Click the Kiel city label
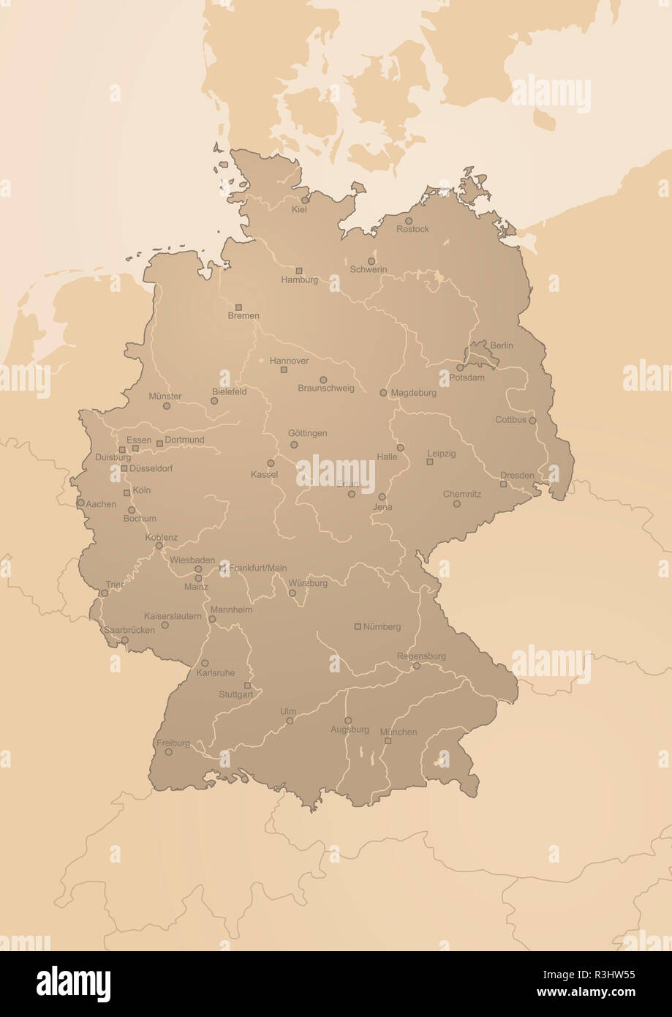[x=299, y=209]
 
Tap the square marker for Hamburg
[x=298, y=271]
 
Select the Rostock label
[x=412, y=229]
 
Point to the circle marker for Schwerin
[x=371, y=261]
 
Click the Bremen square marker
[x=238, y=307]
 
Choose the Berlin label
[x=502, y=345]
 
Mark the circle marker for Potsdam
[x=460, y=368]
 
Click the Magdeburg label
[x=413, y=393]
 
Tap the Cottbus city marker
[x=532, y=421]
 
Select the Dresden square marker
[x=503, y=484]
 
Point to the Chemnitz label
[x=462, y=495]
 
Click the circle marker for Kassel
[x=271, y=463]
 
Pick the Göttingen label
[x=307, y=433]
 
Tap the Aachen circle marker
[x=80, y=503]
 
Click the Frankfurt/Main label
[x=257, y=568]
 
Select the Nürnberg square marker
[x=358, y=626]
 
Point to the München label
[x=399, y=732]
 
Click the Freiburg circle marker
[x=168, y=751]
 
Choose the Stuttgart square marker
[x=247, y=686]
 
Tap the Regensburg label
[x=421, y=656]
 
